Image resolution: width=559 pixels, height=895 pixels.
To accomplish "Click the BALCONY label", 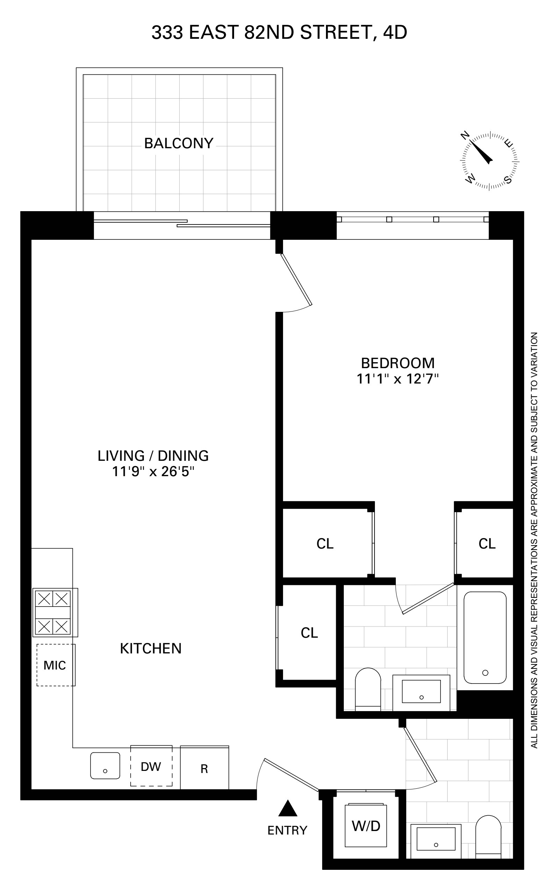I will tap(179, 143).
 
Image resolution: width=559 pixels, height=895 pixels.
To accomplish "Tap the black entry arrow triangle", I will tap(288, 808).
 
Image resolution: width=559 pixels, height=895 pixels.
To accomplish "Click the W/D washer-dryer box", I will tap(366, 825).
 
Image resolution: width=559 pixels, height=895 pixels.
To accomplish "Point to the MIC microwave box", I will tap(56, 665).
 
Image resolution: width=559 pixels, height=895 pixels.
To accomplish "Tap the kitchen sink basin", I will tap(106, 766).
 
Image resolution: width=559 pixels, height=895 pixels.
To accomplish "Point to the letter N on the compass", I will tap(465, 135).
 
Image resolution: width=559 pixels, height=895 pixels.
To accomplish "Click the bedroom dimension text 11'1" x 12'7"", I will tap(398, 379).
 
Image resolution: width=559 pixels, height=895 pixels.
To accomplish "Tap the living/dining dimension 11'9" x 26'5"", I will tap(153, 472).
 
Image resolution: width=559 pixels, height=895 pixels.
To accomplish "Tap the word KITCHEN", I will tap(151, 649).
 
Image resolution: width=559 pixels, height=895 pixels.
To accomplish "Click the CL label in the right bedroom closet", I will tap(487, 544).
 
